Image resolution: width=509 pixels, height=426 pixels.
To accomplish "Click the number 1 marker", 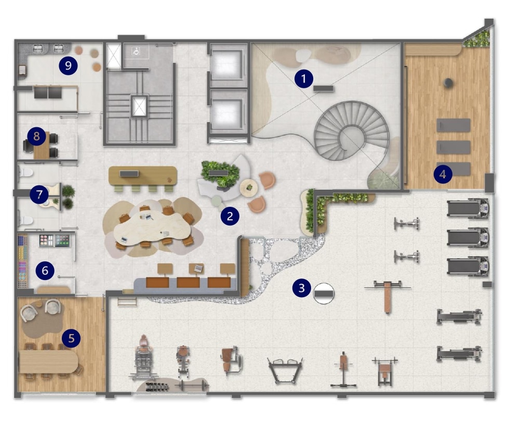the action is point(303,78).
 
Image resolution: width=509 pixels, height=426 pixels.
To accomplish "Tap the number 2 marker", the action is point(230,216).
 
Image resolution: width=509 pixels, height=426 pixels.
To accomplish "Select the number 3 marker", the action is point(302,288).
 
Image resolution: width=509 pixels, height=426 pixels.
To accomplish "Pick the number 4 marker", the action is point(443,175).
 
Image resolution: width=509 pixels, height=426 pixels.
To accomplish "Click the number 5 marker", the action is point(72,338).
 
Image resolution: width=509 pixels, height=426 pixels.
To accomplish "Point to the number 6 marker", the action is point(45,271).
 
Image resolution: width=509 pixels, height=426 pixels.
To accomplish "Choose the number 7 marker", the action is point(39,194).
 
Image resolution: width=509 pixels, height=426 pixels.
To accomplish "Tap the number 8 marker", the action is point(36,136).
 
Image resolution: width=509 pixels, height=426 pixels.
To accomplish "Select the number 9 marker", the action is point(68,65).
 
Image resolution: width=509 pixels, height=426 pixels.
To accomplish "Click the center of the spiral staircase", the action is point(351,132).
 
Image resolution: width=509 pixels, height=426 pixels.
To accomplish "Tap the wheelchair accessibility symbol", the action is point(136,51).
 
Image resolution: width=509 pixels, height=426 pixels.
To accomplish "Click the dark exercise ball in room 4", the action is point(448,83).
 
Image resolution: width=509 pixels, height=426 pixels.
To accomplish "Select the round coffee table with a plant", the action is point(249,188).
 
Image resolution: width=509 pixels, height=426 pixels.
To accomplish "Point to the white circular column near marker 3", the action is point(324,293).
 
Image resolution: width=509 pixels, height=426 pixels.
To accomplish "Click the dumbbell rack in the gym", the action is point(157,387).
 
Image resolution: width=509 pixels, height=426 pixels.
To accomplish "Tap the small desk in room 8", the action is point(41,145).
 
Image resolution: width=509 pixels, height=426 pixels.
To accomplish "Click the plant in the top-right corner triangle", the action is point(478,39).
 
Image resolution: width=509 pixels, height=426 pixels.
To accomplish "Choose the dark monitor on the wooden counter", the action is point(129,174).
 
